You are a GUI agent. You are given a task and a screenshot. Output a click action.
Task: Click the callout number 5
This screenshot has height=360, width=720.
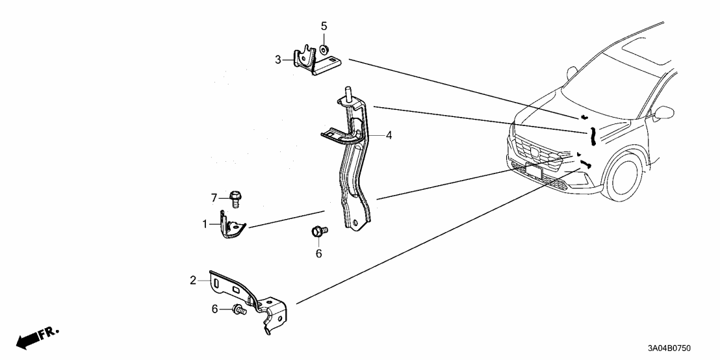(x=324, y=26)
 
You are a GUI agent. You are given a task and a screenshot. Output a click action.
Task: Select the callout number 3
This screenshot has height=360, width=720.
(x=277, y=60)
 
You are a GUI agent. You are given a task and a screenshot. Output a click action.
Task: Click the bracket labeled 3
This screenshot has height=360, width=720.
(x=312, y=61)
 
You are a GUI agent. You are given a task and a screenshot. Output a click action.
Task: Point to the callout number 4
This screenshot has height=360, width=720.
(x=389, y=136)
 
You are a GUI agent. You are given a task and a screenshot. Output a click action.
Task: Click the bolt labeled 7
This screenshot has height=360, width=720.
(x=236, y=198)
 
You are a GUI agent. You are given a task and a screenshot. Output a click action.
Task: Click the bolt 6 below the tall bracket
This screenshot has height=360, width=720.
(x=320, y=231)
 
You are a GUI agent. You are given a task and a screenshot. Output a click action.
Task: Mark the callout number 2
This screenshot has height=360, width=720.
(x=193, y=280)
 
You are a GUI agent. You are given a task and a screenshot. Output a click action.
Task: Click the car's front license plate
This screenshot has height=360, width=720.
(x=534, y=173)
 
